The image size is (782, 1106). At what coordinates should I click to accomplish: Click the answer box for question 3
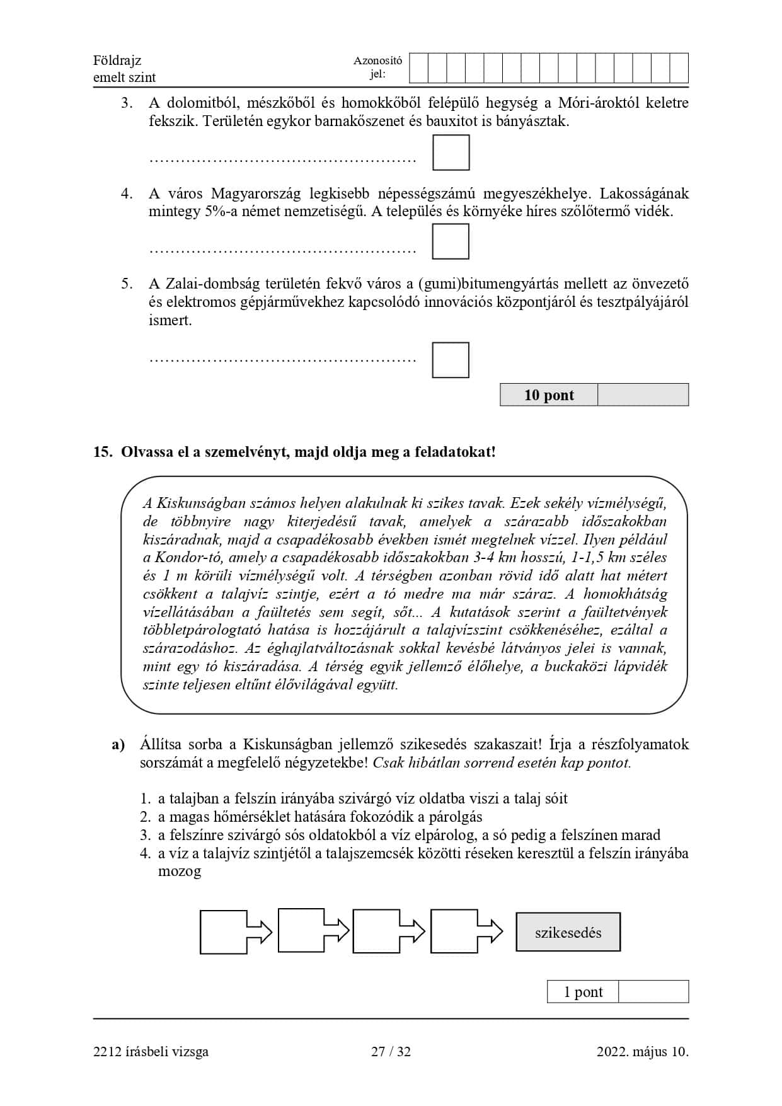[x=451, y=153]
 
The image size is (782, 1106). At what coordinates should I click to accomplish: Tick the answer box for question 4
[x=451, y=242]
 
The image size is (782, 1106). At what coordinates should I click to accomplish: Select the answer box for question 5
[x=451, y=360]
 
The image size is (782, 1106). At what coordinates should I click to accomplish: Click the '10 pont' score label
[x=549, y=395]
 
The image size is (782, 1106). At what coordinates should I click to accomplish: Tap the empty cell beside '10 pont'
[x=642, y=395]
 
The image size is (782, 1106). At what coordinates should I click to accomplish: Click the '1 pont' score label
[x=583, y=992]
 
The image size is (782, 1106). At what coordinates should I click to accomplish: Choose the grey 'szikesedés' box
[x=568, y=933]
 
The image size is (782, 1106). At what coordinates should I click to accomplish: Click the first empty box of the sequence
[x=224, y=931]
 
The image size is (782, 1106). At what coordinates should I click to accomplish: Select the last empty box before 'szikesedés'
[x=454, y=931]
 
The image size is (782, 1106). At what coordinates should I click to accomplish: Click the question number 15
[x=102, y=452]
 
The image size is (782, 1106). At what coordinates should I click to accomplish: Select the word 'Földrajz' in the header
[x=117, y=60]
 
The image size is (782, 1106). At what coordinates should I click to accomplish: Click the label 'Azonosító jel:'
[x=377, y=68]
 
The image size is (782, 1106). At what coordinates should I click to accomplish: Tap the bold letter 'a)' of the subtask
[x=118, y=745]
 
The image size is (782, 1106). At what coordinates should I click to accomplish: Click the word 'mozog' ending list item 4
[x=180, y=872]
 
